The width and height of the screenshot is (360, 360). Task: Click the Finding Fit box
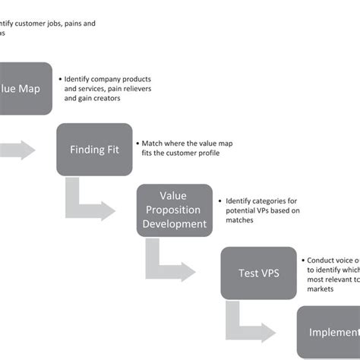click(x=94, y=149)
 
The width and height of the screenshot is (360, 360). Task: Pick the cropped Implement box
click(x=328, y=332)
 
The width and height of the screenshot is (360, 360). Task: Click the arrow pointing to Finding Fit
click(x=19, y=150)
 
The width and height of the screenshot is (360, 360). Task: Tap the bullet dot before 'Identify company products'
click(x=59, y=78)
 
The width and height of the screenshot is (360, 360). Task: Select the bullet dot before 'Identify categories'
click(x=219, y=201)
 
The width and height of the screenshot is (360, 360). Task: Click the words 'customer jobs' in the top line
click(x=37, y=24)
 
